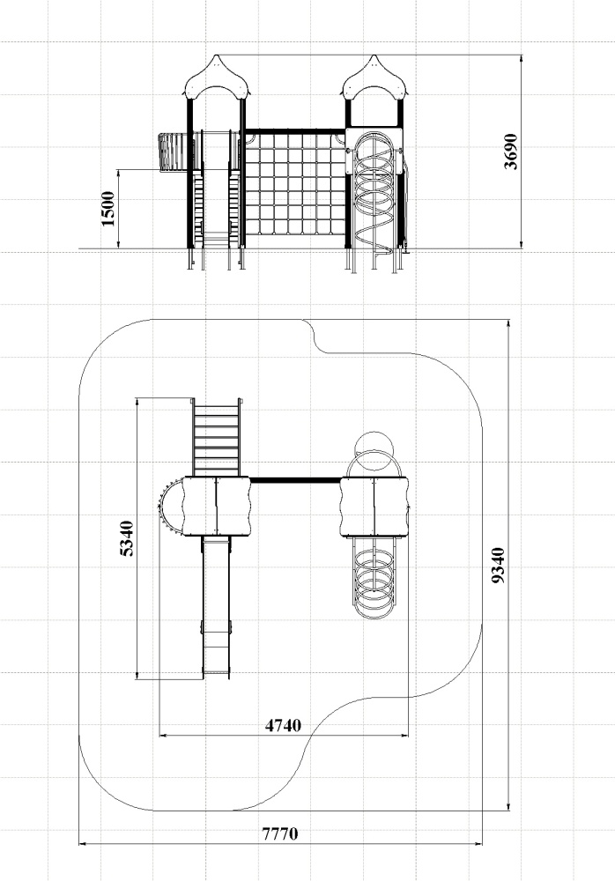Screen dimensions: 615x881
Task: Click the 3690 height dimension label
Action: (x=510, y=152)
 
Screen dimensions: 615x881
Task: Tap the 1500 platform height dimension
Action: (x=108, y=209)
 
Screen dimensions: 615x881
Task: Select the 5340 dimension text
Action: (x=128, y=538)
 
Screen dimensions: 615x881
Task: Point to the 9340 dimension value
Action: (x=498, y=566)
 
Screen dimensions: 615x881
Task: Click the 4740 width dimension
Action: (x=283, y=725)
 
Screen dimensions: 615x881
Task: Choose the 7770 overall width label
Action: (x=280, y=833)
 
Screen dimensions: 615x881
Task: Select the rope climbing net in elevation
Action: (x=295, y=184)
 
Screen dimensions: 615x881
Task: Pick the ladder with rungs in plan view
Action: (x=217, y=437)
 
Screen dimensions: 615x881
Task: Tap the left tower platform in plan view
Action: (x=217, y=507)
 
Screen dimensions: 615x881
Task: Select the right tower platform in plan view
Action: (x=374, y=507)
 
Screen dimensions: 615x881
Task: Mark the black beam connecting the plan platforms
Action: (x=295, y=480)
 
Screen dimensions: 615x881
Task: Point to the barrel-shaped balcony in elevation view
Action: (x=172, y=152)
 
